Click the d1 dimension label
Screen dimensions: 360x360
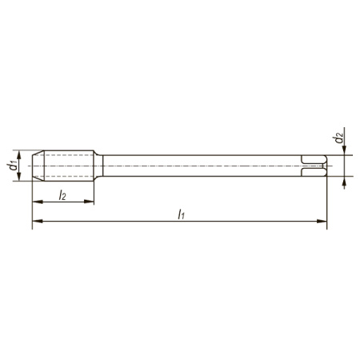(x=12, y=166)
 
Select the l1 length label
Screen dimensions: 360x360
(x=182, y=214)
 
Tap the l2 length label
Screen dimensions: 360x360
(x=62, y=195)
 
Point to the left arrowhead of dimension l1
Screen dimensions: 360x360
(x=37, y=221)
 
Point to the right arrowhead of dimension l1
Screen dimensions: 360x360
(x=322, y=221)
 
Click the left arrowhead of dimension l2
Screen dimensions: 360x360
(x=37, y=202)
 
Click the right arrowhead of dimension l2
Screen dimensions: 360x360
(x=89, y=202)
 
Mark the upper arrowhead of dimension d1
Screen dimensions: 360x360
(x=19, y=155)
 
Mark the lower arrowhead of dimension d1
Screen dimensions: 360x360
(x=19, y=176)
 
